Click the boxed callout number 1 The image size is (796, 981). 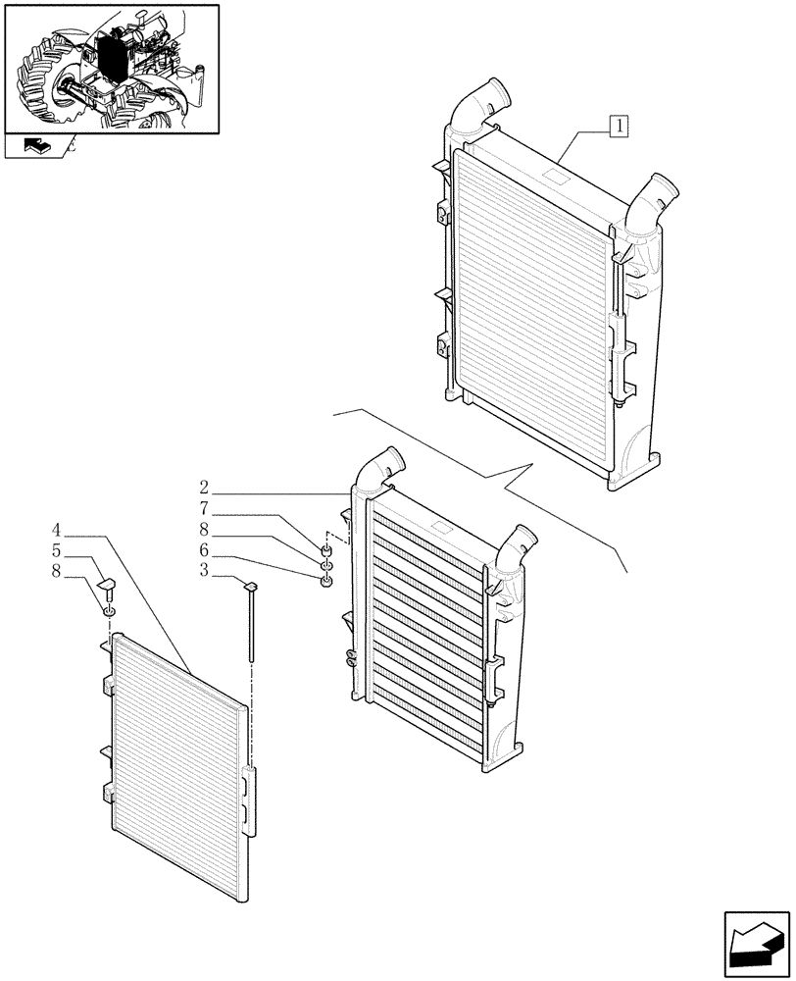[x=620, y=125]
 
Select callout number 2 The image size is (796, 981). [x=203, y=488]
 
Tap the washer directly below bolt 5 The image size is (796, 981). [x=110, y=614]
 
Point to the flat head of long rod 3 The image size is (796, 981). [x=250, y=587]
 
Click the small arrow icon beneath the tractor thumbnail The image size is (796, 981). [x=33, y=147]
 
